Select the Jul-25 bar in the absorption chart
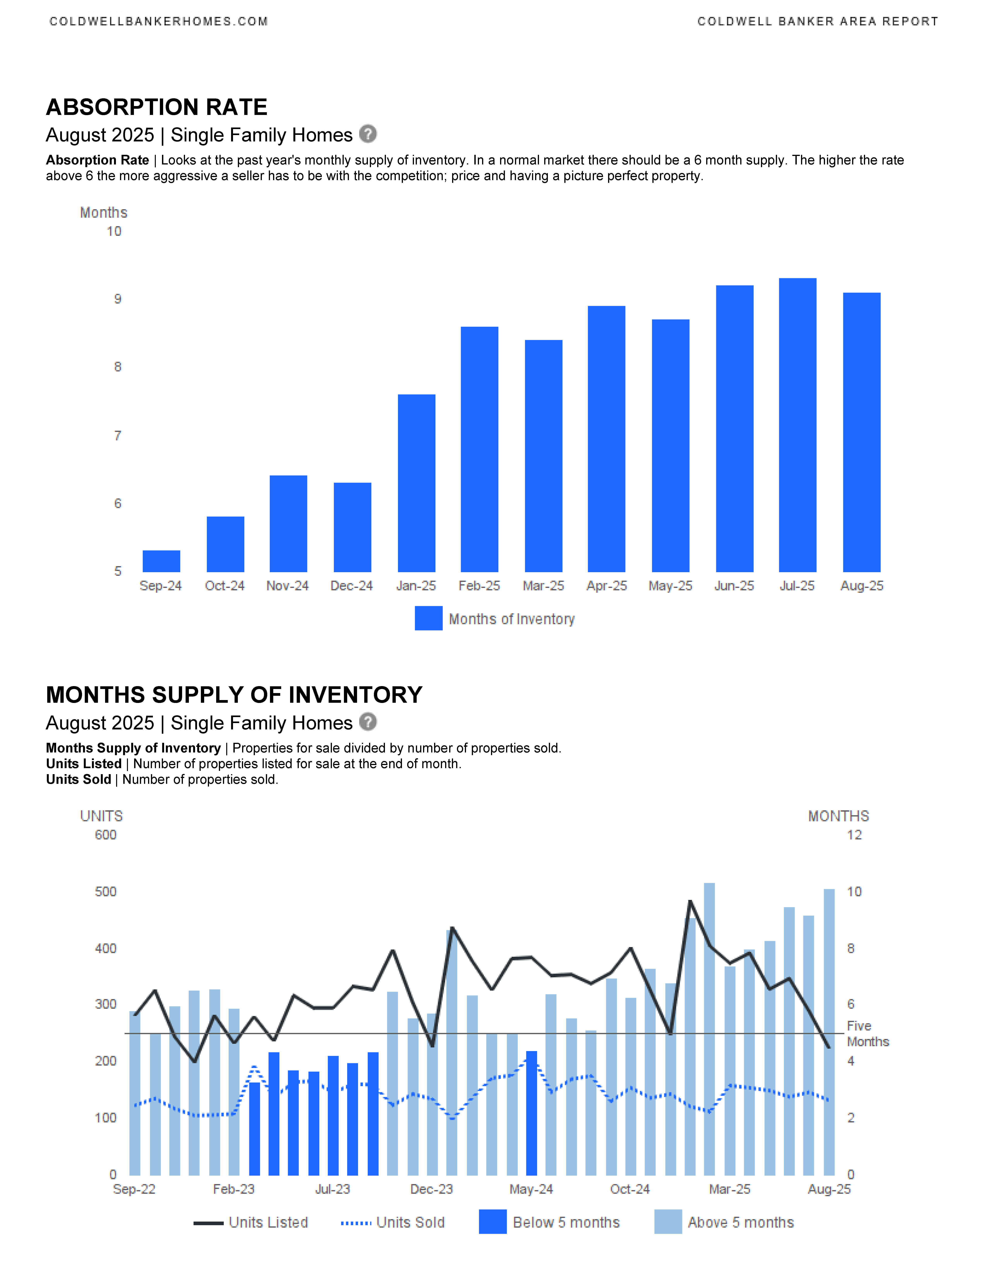[x=798, y=425]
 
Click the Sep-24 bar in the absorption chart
[x=161, y=561]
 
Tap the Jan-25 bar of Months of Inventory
[x=416, y=483]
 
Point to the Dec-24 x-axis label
[x=351, y=586]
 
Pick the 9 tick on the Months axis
[x=117, y=299]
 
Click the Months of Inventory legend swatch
[x=429, y=619]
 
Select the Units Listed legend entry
[x=251, y=1223]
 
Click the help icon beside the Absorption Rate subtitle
[x=368, y=134]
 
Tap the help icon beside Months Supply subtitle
[x=368, y=722]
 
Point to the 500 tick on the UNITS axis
[x=106, y=892]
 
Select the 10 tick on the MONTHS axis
[x=854, y=892]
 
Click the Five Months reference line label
[x=868, y=1034]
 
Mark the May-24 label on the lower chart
[x=531, y=1189]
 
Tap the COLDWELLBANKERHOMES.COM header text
[x=159, y=22]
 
